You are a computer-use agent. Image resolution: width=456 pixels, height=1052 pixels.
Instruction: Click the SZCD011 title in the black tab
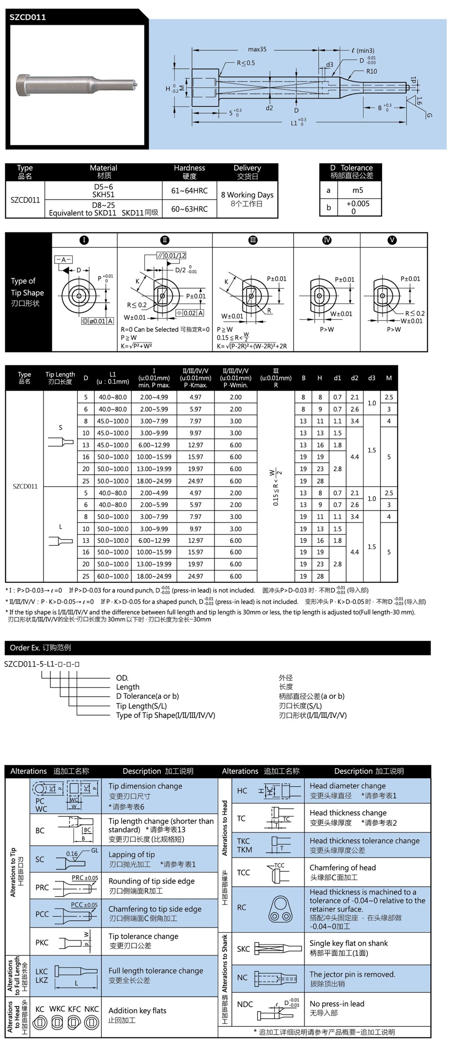coord(28,17)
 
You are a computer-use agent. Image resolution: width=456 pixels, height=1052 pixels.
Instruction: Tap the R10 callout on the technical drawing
coord(372,72)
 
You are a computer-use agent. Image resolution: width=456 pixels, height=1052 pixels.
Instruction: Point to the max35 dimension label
coord(257,49)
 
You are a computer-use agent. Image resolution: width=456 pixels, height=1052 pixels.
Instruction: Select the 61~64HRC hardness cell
coord(189,190)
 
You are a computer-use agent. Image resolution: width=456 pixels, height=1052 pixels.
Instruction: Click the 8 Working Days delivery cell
coord(247,199)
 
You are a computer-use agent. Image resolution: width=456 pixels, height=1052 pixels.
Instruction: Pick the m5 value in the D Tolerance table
coord(358,190)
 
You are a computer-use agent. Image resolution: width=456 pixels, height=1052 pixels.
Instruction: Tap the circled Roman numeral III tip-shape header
coord(253,240)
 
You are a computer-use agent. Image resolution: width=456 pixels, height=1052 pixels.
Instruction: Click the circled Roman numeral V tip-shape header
coord(392,240)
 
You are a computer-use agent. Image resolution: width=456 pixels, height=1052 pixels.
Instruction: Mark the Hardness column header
coord(189,172)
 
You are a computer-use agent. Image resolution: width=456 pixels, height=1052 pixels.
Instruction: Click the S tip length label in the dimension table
coord(60,427)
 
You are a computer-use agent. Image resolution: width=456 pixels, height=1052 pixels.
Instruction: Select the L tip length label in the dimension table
coord(60,527)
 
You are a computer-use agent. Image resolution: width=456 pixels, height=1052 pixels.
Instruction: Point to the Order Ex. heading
coord(40,647)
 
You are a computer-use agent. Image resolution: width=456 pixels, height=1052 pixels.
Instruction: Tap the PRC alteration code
coord(42,888)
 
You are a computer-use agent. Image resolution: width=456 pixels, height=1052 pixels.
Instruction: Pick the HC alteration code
coord(242,790)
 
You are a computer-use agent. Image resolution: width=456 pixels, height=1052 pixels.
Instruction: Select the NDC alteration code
coord(245,1004)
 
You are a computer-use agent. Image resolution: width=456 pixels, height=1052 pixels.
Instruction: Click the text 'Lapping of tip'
coord(131,854)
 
